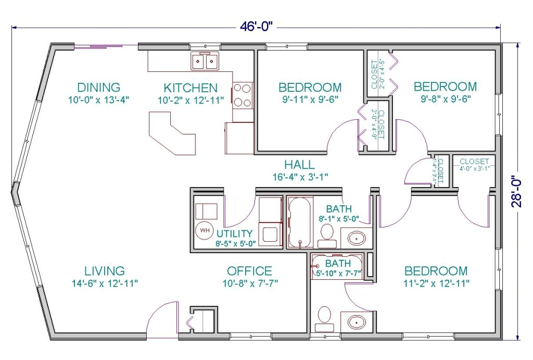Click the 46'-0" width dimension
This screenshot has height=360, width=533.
256,27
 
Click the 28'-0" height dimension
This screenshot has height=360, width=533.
516,191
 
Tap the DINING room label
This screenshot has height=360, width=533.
98,88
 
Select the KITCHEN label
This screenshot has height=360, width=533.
191,88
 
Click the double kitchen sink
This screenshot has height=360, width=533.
204,61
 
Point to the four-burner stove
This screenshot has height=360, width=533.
243,96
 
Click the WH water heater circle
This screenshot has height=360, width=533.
205,230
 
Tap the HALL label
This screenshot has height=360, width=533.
299,165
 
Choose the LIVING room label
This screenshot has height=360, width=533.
104,271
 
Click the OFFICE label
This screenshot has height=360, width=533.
249,271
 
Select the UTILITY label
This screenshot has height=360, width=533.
235,234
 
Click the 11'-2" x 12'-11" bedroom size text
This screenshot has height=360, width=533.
437,283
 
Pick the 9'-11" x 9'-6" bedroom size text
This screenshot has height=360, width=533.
310,99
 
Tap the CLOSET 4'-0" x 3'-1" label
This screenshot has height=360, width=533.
474,164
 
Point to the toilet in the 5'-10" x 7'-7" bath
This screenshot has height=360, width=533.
324,318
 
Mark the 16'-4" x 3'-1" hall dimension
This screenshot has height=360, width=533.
300,177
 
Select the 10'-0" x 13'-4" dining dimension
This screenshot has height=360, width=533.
98,100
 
